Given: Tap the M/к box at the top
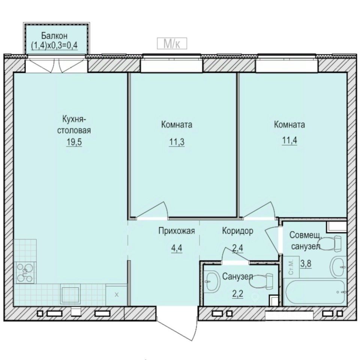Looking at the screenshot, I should point(172,44).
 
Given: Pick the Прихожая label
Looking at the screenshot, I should point(176,231).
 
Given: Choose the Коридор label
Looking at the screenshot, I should point(237,231).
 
